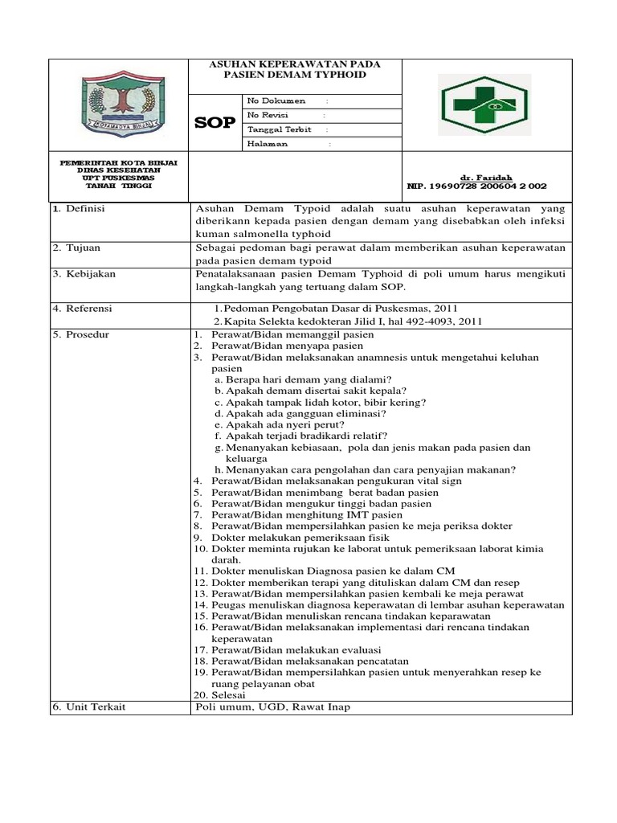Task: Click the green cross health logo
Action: pos(484,105)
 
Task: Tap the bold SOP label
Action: pos(215,123)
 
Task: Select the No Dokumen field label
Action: pos(276,101)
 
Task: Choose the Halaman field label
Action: pos(268,144)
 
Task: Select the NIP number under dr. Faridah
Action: pos(476,186)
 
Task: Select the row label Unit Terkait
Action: pos(83,706)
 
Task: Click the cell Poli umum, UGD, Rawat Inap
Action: pos(273,706)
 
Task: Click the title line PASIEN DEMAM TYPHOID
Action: pos(295,75)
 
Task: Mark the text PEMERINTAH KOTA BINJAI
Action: pos(119,162)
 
